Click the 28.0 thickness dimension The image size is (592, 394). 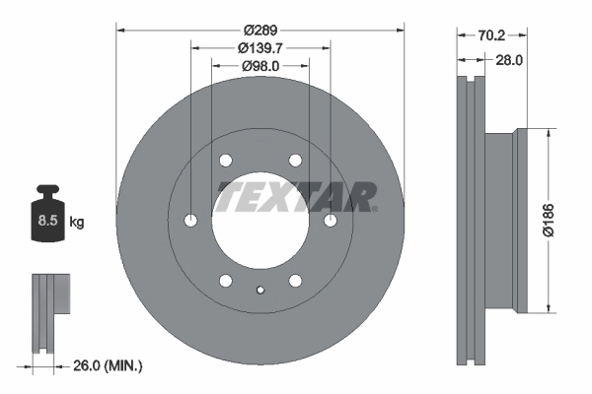coord(507,60)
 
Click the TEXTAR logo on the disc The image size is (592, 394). coord(296,197)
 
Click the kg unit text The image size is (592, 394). coord(77,223)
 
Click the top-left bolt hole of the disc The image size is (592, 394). coord(226,161)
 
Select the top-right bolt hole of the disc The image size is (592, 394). coord(295,161)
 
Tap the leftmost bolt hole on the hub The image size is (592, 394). coord(191,221)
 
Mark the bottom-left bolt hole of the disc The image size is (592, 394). coord(226,281)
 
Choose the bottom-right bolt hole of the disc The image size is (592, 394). coord(295,281)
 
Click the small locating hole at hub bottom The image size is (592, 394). coord(260,290)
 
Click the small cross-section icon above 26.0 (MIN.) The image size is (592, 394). coord(49,313)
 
